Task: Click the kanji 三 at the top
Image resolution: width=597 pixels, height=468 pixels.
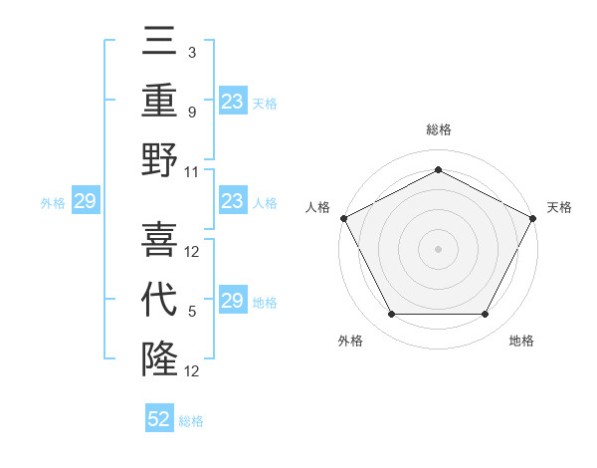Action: (x=159, y=44)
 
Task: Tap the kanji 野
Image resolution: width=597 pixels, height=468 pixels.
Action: (x=159, y=160)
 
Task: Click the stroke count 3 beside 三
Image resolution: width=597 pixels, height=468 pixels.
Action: (x=192, y=52)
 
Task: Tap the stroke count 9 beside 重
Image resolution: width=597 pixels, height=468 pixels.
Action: (x=192, y=113)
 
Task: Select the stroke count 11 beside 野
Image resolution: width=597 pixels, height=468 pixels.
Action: (x=192, y=171)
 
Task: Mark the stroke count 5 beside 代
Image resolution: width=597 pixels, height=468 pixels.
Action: (x=192, y=312)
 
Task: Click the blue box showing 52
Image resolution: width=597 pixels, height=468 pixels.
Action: (x=159, y=419)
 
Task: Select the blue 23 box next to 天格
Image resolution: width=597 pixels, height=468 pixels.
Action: (x=232, y=101)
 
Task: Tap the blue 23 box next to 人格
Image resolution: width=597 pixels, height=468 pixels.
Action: (x=232, y=201)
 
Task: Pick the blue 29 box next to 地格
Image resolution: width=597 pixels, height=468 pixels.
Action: (x=232, y=301)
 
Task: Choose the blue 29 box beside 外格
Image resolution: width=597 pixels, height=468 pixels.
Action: (x=85, y=202)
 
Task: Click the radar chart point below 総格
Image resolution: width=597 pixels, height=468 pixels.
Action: (x=438, y=169)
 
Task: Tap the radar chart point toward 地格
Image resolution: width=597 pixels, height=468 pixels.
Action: (x=485, y=315)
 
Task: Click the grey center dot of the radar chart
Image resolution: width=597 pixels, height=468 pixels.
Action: (x=438, y=248)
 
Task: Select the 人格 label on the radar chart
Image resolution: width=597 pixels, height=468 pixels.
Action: (x=317, y=207)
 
